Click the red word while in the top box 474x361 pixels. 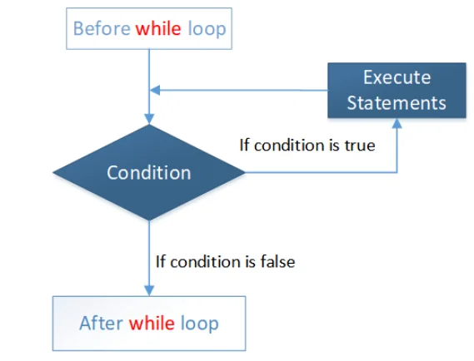click(159, 29)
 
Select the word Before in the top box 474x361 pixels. click(101, 29)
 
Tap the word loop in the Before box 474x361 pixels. click(207, 29)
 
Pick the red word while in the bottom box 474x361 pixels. click(152, 323)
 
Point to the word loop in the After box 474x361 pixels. click(199, 323)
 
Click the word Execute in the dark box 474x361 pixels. click(397, 77)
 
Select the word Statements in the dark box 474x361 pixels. click(397, 102)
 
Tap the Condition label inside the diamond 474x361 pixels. click(149, 172)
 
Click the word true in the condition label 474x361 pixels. click(360, 145)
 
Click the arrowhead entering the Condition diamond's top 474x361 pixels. click(149, 119)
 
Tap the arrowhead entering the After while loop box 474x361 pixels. click(149, 290)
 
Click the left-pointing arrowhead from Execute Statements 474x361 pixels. click(155, 90)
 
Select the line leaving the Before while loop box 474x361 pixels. click(149, 67)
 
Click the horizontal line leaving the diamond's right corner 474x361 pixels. click(317, 172)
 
